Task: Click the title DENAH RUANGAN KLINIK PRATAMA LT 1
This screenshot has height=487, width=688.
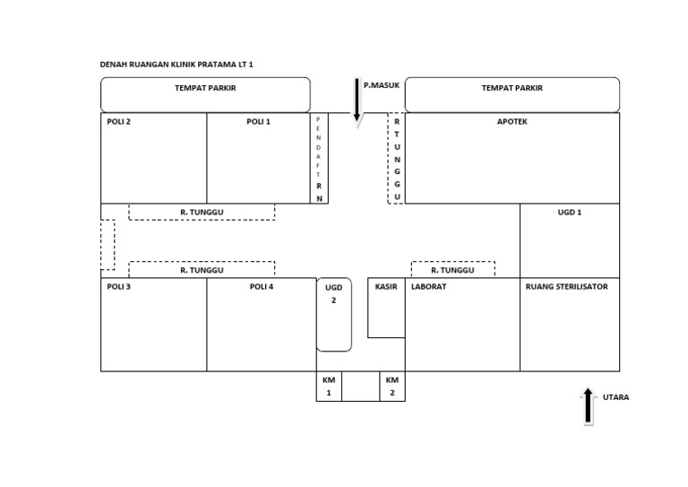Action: [176, 65]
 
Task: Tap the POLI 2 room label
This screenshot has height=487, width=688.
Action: [118, 122]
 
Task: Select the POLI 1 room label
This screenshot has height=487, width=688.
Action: [258, 122]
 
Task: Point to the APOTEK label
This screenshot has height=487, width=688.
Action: [512, 122]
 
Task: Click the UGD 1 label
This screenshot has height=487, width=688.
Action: [570, 213]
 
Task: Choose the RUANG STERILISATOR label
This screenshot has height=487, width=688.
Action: [567, 287]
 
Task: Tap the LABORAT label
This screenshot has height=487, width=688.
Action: [429, 287]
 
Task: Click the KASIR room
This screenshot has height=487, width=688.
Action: [386, 308]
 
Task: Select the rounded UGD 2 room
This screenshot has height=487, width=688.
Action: [334, 315]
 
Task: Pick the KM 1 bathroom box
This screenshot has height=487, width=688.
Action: [329, 387]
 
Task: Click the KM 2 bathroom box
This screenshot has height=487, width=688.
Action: [392, 387]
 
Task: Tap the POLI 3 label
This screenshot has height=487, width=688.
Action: [118, 287]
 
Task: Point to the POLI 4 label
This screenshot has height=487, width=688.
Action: [262, 287]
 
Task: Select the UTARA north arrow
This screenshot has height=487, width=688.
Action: [589, 406]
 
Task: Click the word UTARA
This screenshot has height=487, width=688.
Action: [616, 397]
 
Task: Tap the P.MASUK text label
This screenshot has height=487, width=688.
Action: [382, 85]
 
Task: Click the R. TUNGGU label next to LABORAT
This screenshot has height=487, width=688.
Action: [452, 270]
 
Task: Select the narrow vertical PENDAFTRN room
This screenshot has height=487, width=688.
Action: [319, 158]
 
